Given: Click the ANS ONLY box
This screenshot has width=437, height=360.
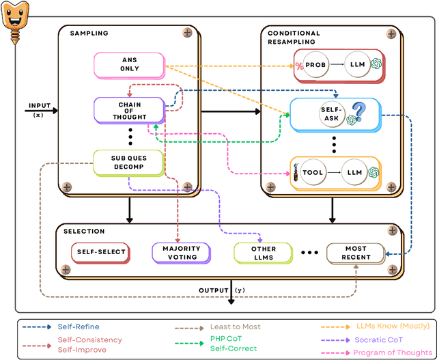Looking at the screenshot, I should pyautogui.click(x=129, y=64).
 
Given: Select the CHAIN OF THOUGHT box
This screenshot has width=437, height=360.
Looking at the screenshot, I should pyautogui.click(x=129, y=110).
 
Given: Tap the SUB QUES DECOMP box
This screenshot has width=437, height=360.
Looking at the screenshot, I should pyautogui.click(x=129, y=162).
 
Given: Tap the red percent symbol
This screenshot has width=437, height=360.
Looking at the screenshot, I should pyautogui.click(x=298, y=66).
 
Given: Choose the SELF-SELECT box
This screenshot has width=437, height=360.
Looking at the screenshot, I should pyautogui.click(x=100, y=252).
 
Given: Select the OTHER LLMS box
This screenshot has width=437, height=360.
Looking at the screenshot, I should pyautogui.click(x=262, y=252).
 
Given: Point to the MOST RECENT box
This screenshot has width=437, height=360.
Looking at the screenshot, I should pyautogui.click(x=355, y=252).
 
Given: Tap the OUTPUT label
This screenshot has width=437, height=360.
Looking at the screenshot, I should pyautogui.click(x=214, y=290).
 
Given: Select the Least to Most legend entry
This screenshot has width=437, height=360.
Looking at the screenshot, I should pyautogui.click(x=233, y=327).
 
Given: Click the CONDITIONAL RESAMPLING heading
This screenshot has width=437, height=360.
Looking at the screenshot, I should pyautogui.click(x=294, y=37).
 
